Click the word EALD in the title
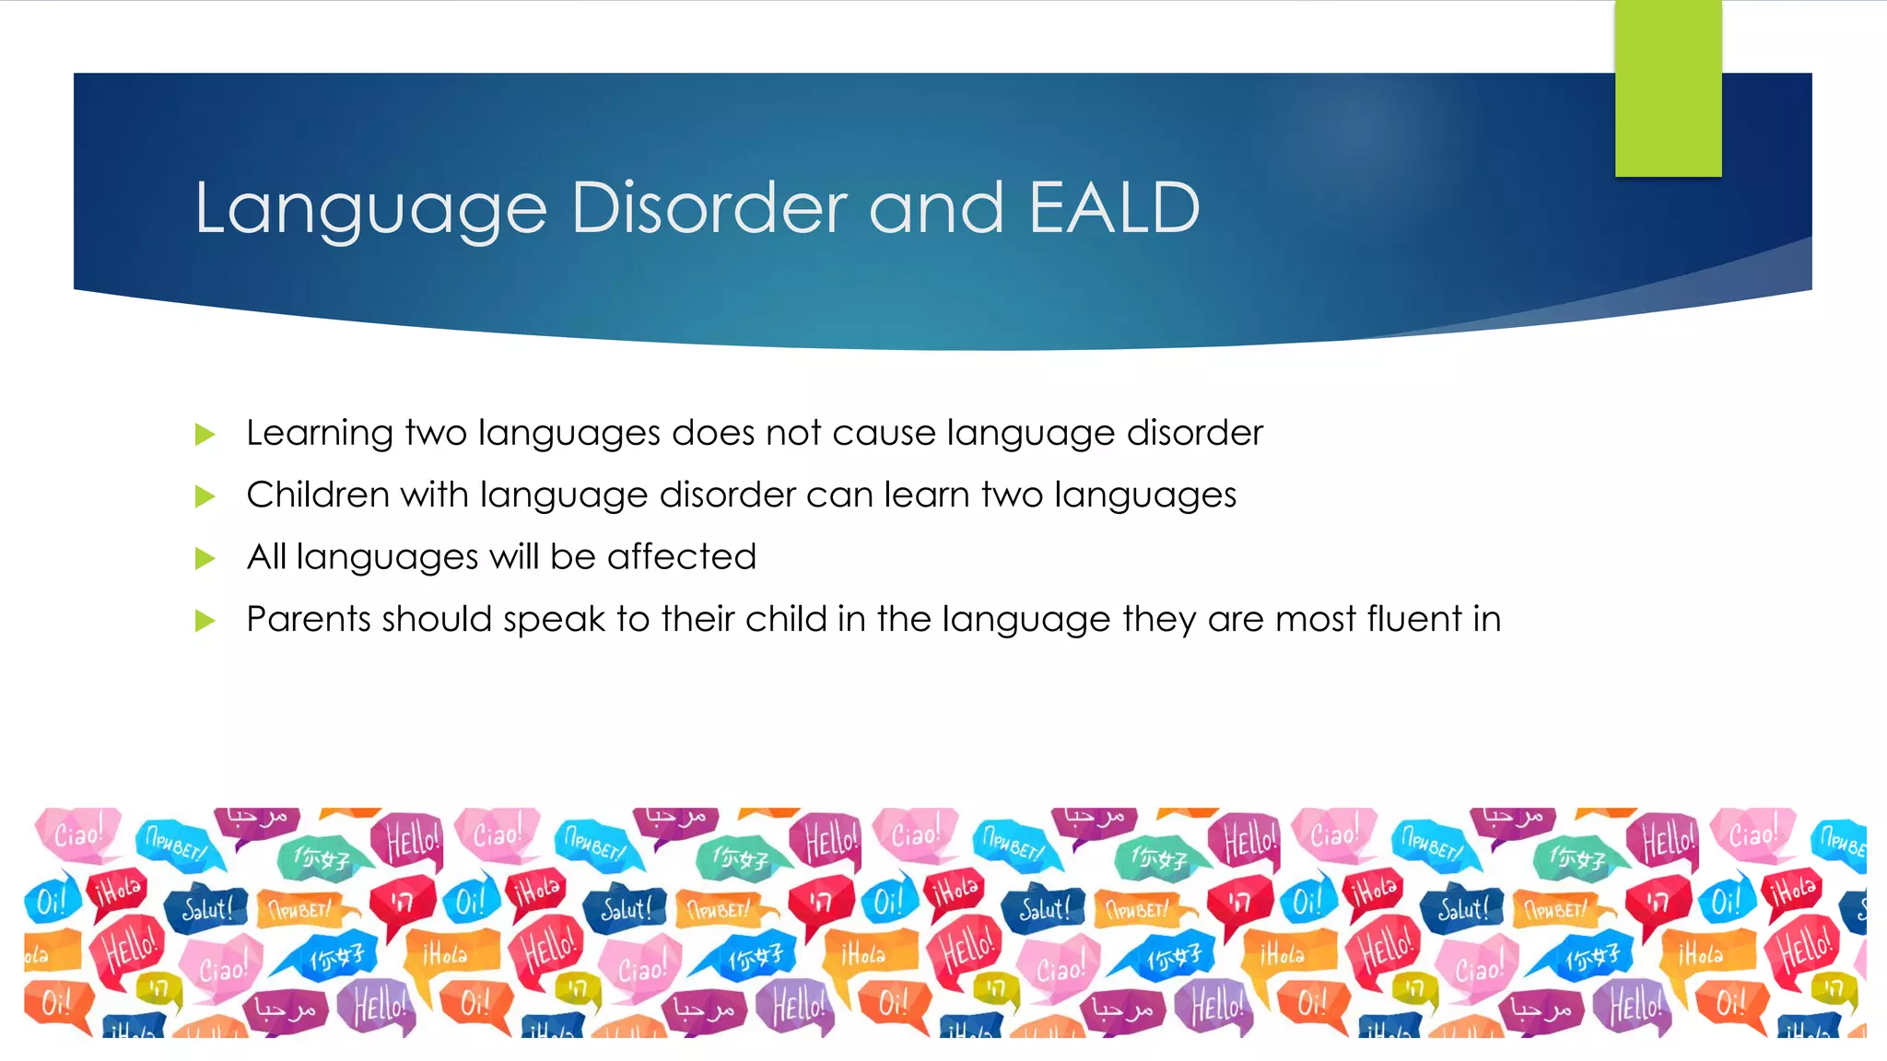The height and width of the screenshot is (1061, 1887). [x=1114, y=208]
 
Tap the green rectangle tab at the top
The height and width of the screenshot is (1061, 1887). [x=1668, y=88]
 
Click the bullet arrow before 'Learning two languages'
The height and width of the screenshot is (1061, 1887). [x=205, y=435]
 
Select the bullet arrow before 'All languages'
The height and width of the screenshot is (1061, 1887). [x=205, y=558]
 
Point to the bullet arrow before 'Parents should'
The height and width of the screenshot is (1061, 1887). [x=205, y=621]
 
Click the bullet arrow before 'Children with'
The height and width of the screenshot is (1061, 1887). [x=205, y=497]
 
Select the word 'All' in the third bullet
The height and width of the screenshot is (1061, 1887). [x=266, y=556]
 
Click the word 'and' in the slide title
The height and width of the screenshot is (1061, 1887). [x=935, y=208]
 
